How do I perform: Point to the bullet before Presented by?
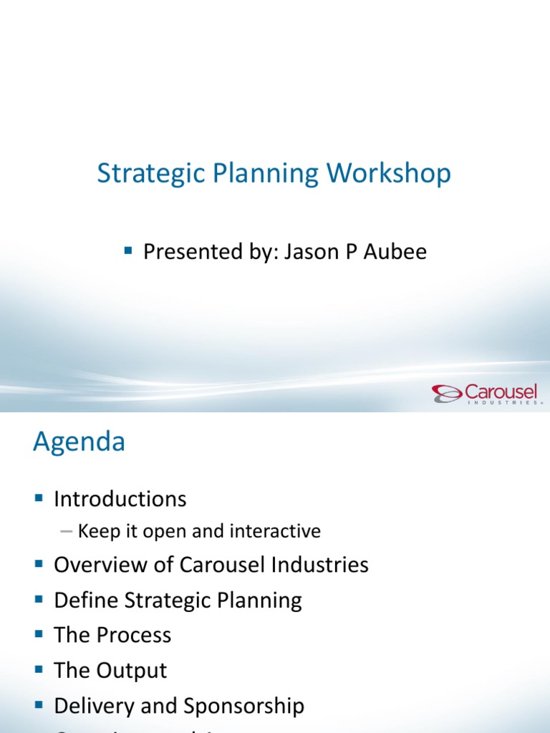(x=129, y=251)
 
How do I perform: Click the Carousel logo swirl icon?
(x=446, y=393)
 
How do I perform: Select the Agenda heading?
(x=79, y=442)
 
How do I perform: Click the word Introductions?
(x=120, y=499)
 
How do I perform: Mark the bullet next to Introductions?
(x=39, y=497)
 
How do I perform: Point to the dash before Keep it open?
(x=67, y=531)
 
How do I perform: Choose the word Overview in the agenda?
(x=97, y=565)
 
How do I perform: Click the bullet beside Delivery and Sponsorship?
(x=39, y=705)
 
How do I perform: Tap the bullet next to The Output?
(x=39, y=669)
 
